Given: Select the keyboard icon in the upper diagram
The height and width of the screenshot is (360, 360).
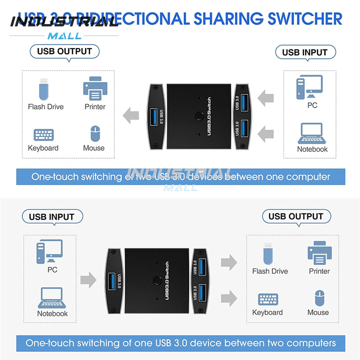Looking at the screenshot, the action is coord(44,135).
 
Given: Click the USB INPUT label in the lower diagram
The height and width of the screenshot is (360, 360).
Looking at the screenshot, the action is coord(51,217).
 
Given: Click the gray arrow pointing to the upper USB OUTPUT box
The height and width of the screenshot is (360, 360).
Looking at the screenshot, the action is coord(131,116).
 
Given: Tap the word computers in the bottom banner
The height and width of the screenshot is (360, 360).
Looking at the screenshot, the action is coord(311,343).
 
